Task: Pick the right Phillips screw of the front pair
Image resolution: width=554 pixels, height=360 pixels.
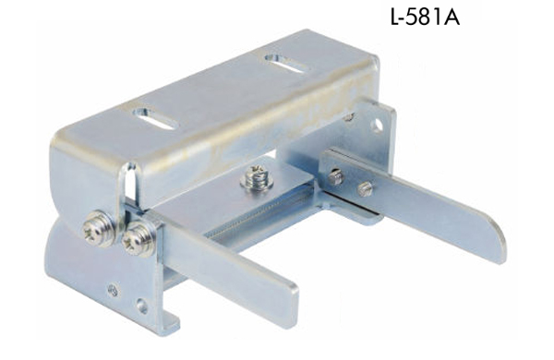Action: (138, 240)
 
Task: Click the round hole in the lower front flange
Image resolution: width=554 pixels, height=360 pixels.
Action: (141, 304)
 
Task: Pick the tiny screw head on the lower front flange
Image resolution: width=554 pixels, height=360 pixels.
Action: (111, 290)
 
